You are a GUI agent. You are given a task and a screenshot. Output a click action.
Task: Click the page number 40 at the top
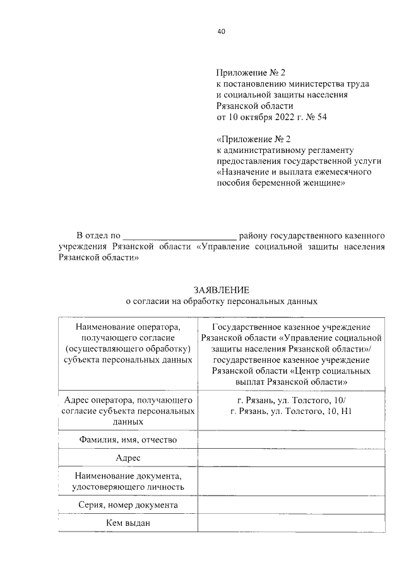coord(221,31)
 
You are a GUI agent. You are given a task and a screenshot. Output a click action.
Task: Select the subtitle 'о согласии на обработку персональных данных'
coord(221,301)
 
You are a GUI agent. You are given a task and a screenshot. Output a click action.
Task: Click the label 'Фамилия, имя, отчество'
coord(128,439)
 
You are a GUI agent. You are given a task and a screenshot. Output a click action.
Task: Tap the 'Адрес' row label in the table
coord(128,457)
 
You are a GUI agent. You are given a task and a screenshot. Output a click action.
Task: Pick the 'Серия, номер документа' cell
coord(128,505)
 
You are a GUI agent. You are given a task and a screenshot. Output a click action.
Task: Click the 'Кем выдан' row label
coord(128,523)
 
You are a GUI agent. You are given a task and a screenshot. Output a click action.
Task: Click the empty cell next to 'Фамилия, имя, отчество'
coord(291,439)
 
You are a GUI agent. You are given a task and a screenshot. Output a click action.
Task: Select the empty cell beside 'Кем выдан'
coord(291,523)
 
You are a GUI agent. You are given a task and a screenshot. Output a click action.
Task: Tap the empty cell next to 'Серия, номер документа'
coord(291,505)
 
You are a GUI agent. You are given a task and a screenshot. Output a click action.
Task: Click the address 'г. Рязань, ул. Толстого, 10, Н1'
coord(291,411)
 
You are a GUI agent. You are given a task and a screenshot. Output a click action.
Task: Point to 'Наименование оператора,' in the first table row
coord(128,327)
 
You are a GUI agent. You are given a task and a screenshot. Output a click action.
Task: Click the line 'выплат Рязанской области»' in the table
coord(291,382)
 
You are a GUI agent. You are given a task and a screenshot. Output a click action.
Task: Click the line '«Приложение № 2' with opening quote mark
coord(251,138)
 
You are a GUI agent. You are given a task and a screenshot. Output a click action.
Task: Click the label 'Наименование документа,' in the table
coord(128,475)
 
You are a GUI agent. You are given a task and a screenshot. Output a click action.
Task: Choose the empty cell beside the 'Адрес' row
coord(291,457)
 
